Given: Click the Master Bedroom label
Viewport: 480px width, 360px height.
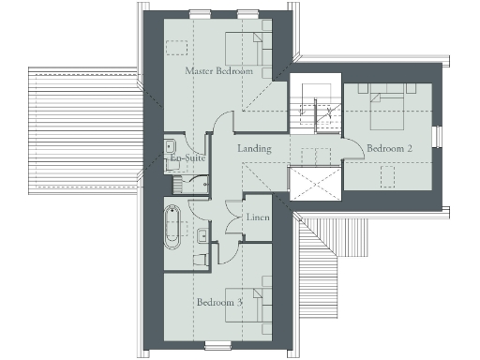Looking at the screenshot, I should click(x=218, y=71).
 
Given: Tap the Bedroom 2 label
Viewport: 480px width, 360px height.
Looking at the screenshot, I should click(x=390, y=149).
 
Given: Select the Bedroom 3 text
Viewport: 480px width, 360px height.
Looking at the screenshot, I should click(x=220, y=302).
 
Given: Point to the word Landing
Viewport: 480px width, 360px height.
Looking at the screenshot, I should click(x=254, y=149).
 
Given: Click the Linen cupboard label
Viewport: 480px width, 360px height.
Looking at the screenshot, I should click(x=258, y=217).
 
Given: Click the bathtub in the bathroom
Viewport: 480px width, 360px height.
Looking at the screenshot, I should click(x=173, y=228).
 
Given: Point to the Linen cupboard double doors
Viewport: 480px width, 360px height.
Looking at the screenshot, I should click(x=234, y=225).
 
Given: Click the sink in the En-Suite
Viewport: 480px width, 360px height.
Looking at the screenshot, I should click(x=172, y=147).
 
